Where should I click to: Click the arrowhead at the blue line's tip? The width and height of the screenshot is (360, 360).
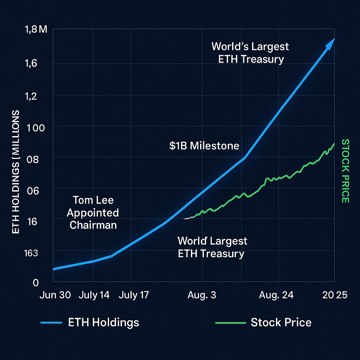330,43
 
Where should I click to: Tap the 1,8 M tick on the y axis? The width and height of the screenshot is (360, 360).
36,30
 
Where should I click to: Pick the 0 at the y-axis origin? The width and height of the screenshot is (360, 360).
36,282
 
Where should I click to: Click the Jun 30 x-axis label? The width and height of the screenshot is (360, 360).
55,295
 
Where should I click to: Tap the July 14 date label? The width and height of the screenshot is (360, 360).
94,295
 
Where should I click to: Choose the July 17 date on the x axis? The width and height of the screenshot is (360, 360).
134,295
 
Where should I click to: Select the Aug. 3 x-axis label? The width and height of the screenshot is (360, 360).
202,295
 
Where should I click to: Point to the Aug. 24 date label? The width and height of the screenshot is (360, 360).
276,295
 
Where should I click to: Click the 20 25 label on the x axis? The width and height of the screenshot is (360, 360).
335,295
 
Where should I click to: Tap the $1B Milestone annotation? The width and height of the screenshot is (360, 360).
204,146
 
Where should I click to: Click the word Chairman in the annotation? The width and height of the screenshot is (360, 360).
93,225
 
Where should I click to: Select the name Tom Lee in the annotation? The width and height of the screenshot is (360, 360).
93,200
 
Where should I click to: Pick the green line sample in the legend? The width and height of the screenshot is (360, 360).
230,322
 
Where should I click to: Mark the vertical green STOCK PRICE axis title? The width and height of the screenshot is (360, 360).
345,171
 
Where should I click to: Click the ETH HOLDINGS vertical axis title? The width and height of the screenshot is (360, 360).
16,172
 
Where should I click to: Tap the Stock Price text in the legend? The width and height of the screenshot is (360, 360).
281,322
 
